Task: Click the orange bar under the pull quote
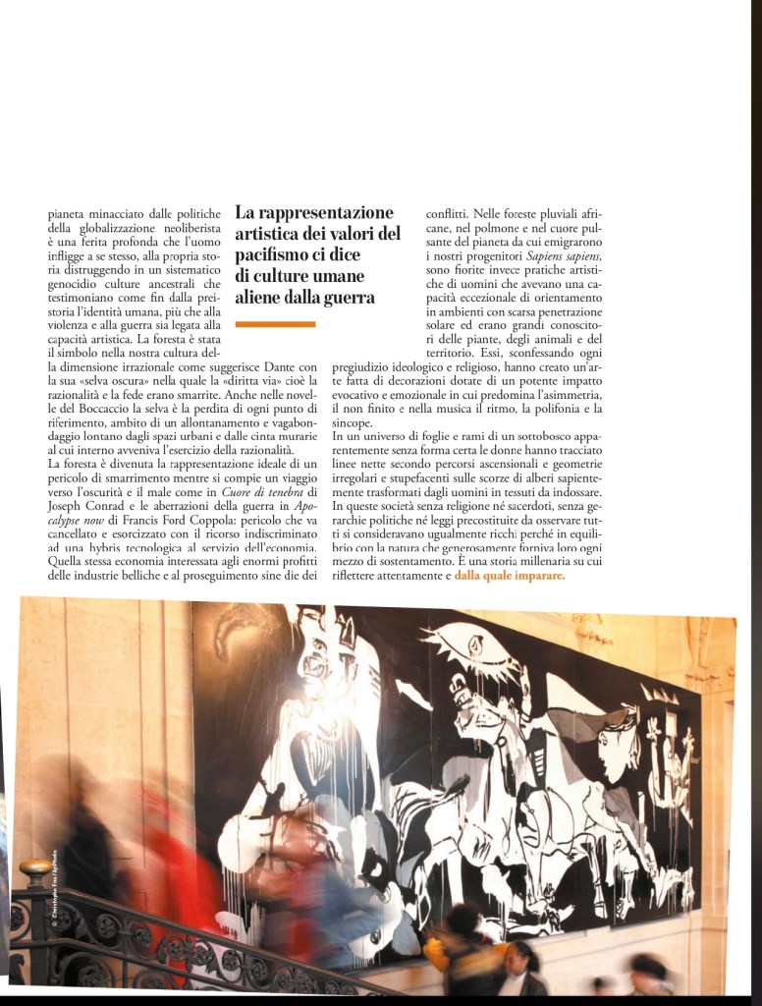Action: [276, 323]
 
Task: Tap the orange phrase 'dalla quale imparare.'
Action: [510, 577]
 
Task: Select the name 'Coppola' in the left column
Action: [289, 521]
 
